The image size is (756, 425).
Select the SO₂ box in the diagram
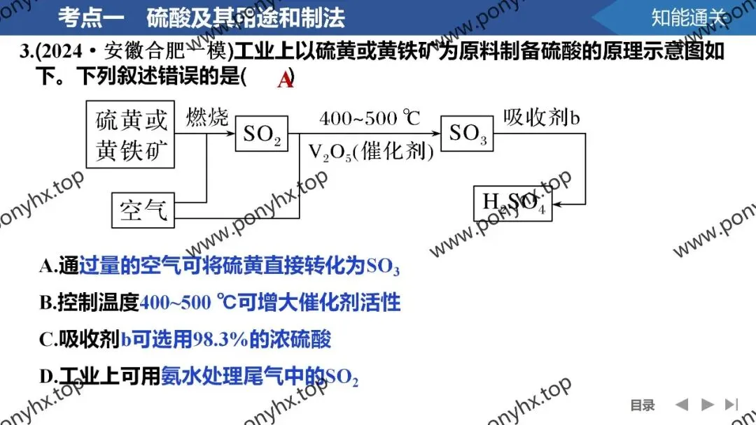pos(261,134)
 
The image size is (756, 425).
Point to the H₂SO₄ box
pos(513,203)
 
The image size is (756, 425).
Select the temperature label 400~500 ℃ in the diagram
pos(369,118)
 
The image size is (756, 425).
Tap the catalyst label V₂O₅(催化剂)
pos(371,152)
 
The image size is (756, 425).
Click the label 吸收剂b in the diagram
pos(542,117)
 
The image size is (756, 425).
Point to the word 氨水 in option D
pos(179,377)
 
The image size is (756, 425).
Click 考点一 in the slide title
pos(91,17)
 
